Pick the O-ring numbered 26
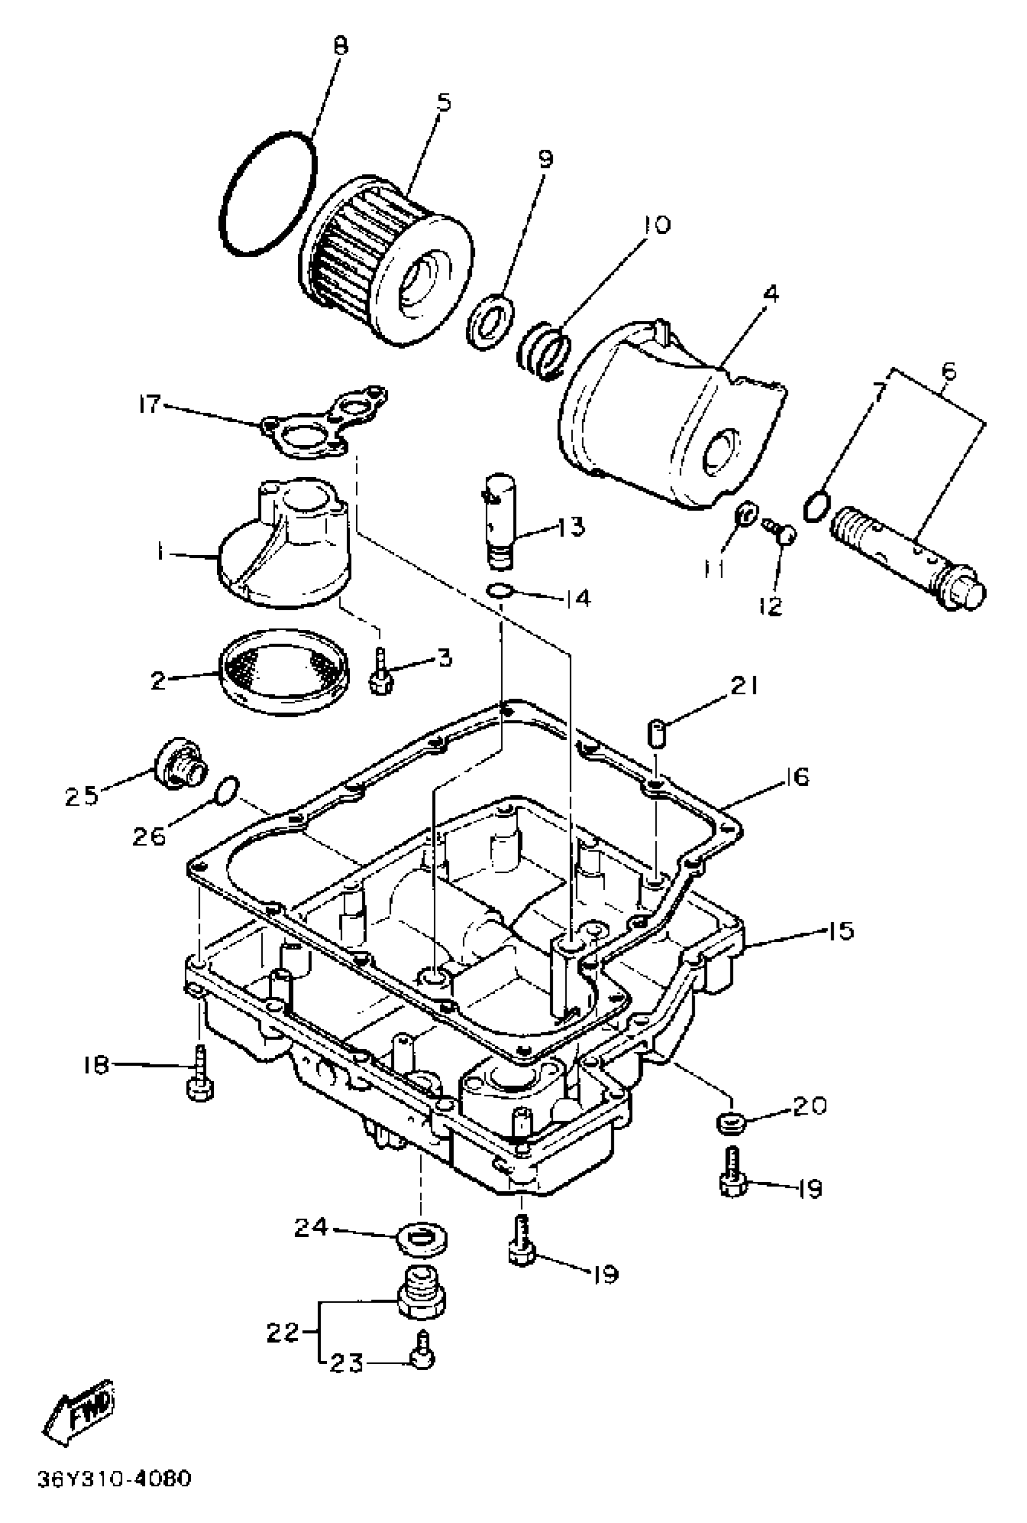pos(227,790)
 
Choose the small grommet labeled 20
pos(729,1123)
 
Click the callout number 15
pos(841,930)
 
